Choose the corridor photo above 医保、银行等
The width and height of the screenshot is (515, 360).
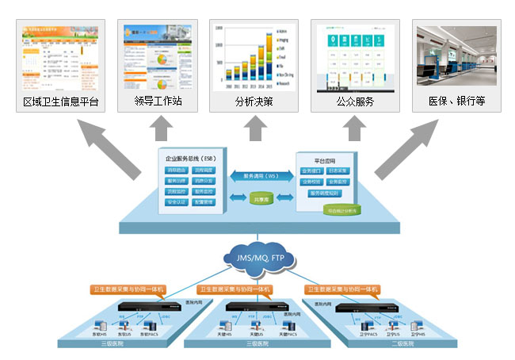point(456,56)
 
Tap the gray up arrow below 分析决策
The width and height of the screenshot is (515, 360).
point(255,127)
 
